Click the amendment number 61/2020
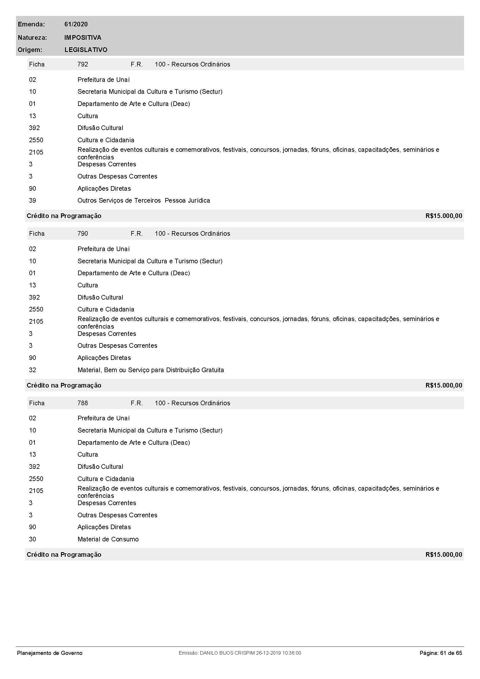76,24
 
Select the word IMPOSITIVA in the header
82,37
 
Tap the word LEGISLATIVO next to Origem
86,50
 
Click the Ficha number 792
82,64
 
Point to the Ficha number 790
82,233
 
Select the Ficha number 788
82,403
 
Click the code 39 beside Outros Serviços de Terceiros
33,201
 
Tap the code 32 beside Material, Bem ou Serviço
33,370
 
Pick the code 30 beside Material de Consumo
33,539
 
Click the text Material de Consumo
108,539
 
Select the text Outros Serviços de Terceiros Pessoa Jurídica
144,201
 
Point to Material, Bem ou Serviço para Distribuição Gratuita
150,370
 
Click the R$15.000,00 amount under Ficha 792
444,216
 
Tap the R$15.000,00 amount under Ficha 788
444,554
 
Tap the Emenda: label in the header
31,24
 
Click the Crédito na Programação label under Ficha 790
64,385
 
